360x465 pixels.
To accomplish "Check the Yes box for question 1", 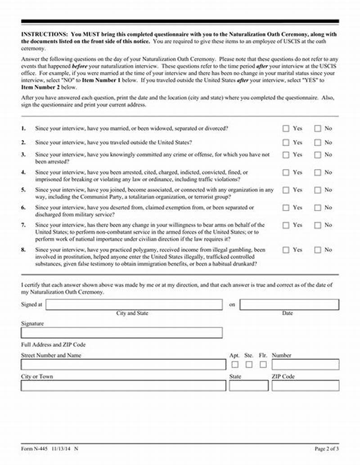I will (x=286, y=129).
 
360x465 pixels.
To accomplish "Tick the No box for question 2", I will (x=318, y=143).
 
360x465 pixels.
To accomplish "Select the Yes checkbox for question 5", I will (x=286, y=190).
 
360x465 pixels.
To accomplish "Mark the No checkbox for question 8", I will (x=318, y=250).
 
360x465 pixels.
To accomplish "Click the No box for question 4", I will (x=318, y=172).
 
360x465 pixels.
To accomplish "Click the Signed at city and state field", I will (x=134, y=304).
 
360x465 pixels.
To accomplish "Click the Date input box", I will (x=289, y=304).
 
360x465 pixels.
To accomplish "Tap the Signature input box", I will (x=121, y=333).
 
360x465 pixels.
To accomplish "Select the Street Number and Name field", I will (x=123, y=364).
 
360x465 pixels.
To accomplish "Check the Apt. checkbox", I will (x=235, y=365).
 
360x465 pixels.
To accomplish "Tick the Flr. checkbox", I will (x=263, y=365).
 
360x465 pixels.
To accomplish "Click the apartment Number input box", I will (x=305, y=364).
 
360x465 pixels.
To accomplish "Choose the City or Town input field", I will (x=123, y=385).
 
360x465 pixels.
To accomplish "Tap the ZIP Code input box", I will (x=305, y=385).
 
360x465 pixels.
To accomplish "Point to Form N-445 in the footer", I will (x=35, y=449).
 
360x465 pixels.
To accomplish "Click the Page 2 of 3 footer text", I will (x=326, y=449).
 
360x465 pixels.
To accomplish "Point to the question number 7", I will (x=23, y=225).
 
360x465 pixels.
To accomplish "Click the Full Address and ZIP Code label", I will (x=53, y=344).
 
